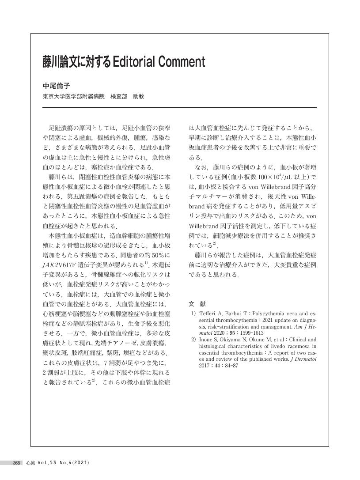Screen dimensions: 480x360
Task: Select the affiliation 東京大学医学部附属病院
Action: click(74, 96)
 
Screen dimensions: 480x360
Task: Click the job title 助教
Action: click(138, 96)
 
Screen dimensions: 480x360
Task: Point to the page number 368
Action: click(17, 463)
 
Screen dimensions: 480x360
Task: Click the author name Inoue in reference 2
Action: click(207, 340)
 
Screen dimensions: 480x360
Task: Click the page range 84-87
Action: click(231, 366)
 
